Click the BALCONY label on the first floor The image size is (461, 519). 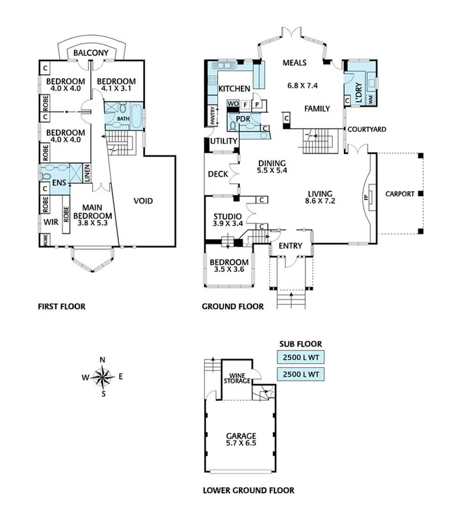(x=88, y=53)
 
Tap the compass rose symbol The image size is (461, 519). (x=103, y=375)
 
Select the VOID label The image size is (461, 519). (x=143, y=201)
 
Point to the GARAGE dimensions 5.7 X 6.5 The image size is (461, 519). (x=241, y=445)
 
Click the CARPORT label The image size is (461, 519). (x=399, y=194)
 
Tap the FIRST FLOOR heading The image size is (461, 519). (x=62, y=306)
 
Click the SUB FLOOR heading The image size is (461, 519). (x=300, y=344)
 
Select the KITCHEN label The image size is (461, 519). (x=235, y=88)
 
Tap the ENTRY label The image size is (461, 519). (x=291, y=246)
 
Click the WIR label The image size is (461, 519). (x=51, y=222)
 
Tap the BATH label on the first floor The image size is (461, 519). (x=124, y=120)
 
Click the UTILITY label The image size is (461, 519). (x=220, y=142)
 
